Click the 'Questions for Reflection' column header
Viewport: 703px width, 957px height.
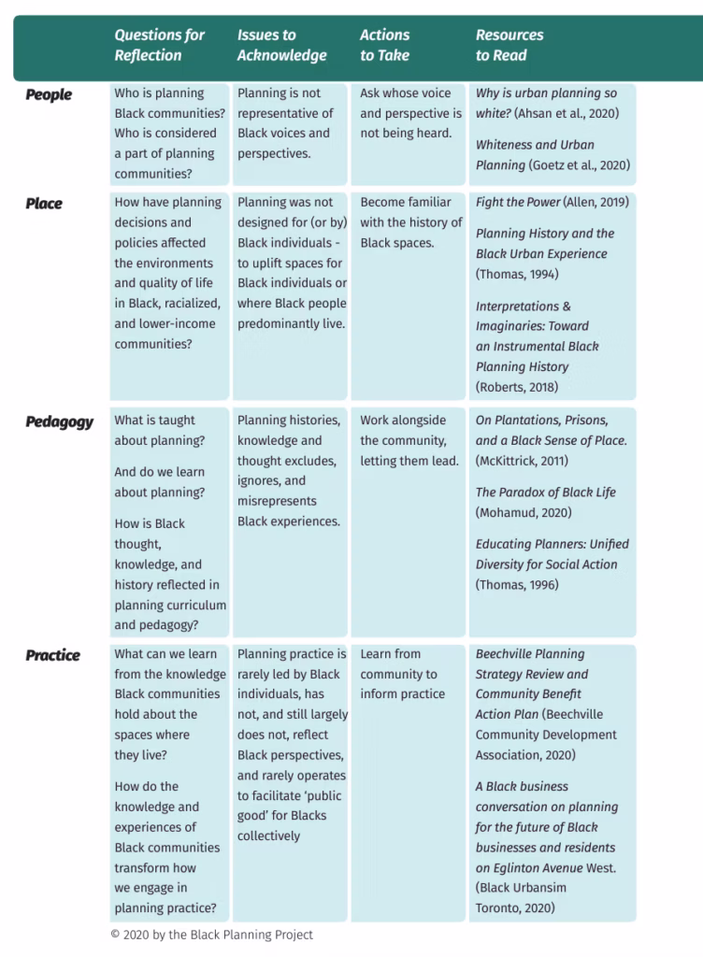159,45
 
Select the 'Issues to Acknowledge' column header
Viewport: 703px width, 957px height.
281,45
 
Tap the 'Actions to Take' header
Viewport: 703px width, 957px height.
384,45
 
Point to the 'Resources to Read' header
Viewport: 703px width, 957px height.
509,45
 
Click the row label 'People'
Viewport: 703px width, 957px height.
49,94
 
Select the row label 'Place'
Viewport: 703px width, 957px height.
44,203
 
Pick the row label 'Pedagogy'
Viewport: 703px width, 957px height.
59,421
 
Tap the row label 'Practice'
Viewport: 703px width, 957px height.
52,655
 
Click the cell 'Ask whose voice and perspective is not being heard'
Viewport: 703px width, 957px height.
410,113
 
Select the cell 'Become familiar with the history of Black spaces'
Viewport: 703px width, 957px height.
410,222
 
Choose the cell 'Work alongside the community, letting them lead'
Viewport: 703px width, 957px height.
409,440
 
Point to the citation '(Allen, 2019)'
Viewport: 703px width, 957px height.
596,202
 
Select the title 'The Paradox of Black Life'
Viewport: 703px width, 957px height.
545,493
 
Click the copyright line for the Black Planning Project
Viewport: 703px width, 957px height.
211,935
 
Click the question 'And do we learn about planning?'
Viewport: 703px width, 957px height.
160,482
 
